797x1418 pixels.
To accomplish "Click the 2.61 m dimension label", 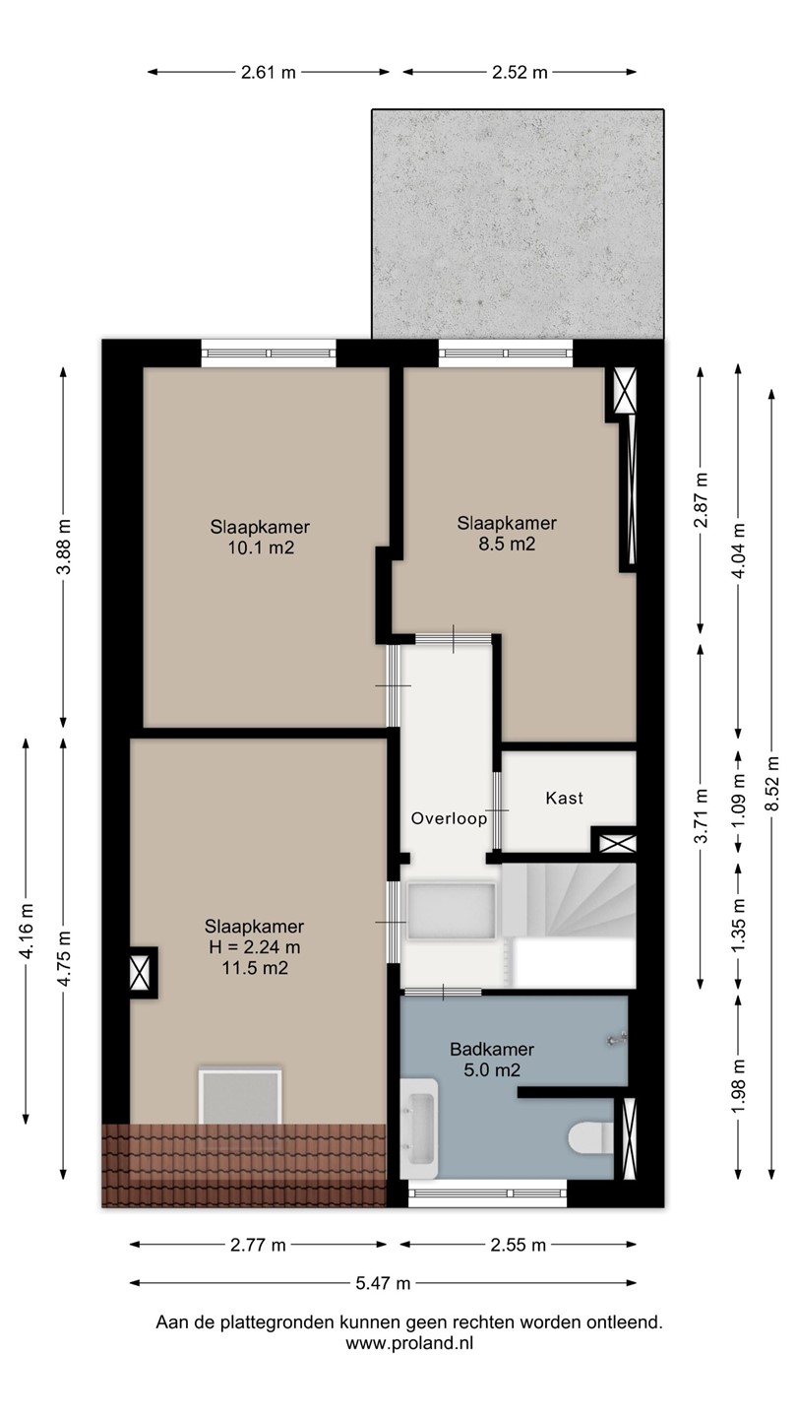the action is pyautogui.click(x=269, y=72).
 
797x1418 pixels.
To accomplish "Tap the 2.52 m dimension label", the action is pyautogui.click(x=520, y=72).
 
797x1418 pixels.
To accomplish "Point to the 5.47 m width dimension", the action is pyautogui.click(x=383, y=1283).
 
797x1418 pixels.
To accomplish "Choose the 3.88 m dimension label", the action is pyautogui.click(x=63, y=547).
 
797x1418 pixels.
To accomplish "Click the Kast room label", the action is pyautogui.click(x=564, y=798).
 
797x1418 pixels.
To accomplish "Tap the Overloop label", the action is pyautogui.click(x=449, y=818).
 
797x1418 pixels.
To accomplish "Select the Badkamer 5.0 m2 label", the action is pyautogui.click(x=492, y=1060).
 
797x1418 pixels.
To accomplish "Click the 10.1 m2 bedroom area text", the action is pyautogui.click(x=261, y=548).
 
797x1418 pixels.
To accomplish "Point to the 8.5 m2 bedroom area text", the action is pyautogui.click(x=507, y=544).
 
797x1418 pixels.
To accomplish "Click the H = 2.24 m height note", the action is pyautogui.click(x=254, y=947).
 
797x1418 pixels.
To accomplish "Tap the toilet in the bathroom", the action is pyautogui.click(x=590, y=1137).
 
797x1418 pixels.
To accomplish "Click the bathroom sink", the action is pyautogui.click(x=419, y=1128).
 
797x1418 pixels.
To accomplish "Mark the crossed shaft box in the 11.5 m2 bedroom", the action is pyautogui.click(x=140, y=973).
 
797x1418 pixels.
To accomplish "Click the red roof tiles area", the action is pyautogui.click(x=244, y=1165).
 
